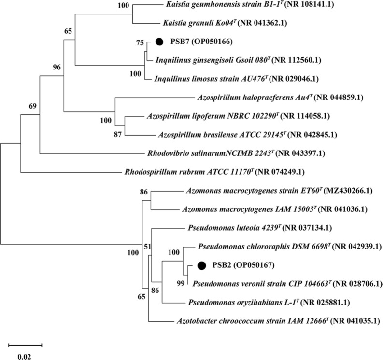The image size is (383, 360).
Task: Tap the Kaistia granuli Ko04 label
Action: [x=213, y=22]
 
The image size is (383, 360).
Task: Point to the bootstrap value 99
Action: [x=181, y=284]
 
